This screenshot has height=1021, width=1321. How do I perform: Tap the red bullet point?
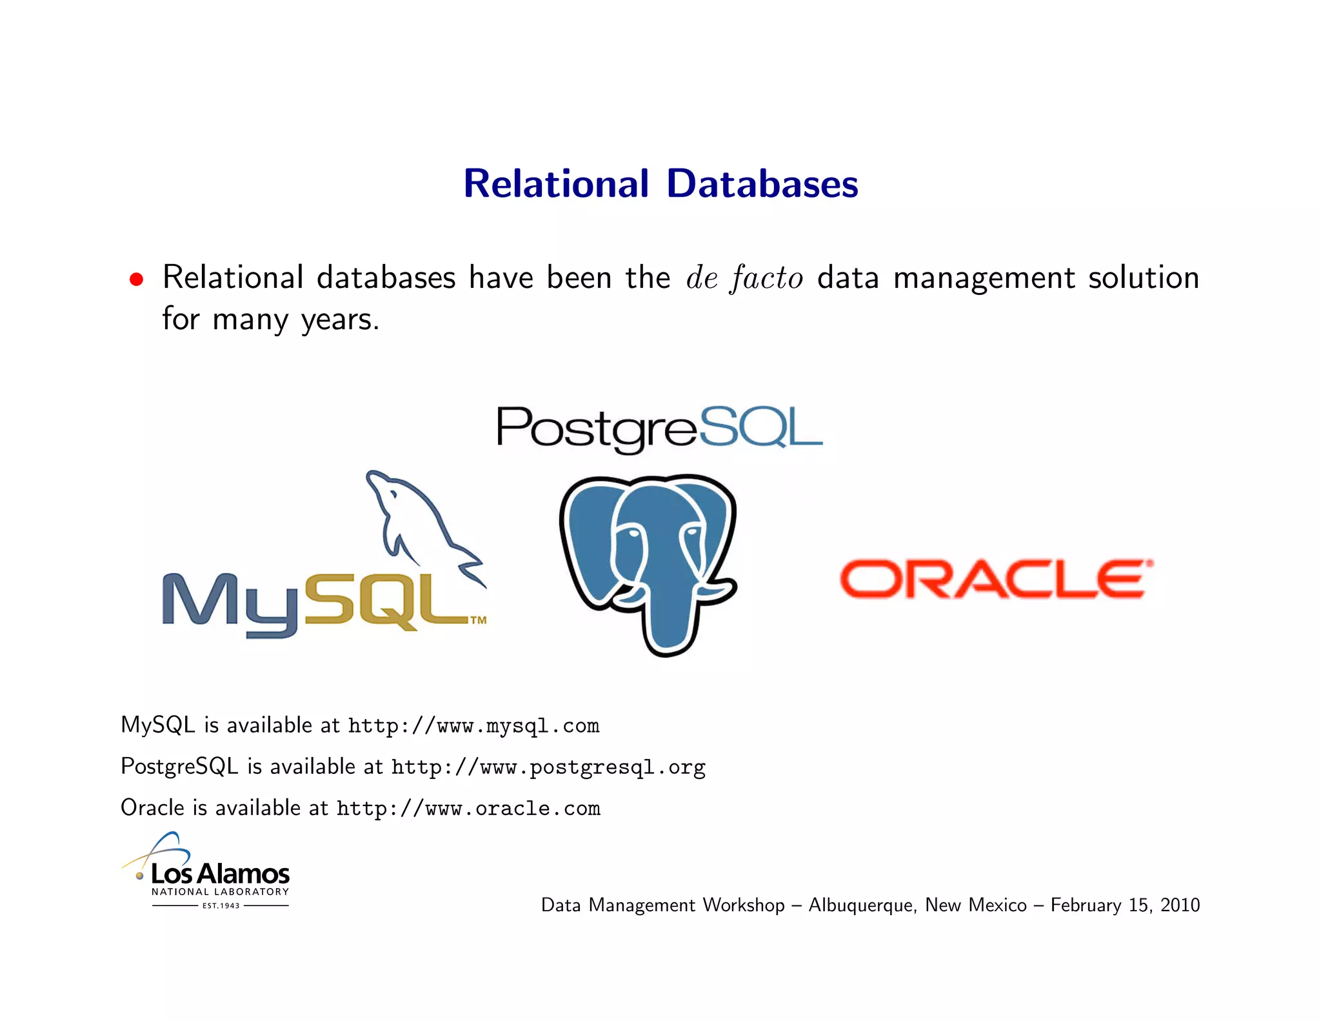(136, 279)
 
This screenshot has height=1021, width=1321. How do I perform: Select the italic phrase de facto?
(744, 279)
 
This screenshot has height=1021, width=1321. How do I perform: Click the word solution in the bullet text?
(1143, 278)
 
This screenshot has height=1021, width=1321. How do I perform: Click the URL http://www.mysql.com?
(473, 726)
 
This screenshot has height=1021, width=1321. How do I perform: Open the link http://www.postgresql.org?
(548, 767)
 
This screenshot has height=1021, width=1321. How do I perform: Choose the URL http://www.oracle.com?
(468, 809)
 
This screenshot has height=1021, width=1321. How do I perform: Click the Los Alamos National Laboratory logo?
(206, 871)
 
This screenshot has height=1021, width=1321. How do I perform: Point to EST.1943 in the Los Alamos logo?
(221, 906)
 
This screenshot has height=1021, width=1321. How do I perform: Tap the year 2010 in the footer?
(1180, 905)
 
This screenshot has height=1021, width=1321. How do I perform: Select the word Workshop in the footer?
(743, 905)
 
